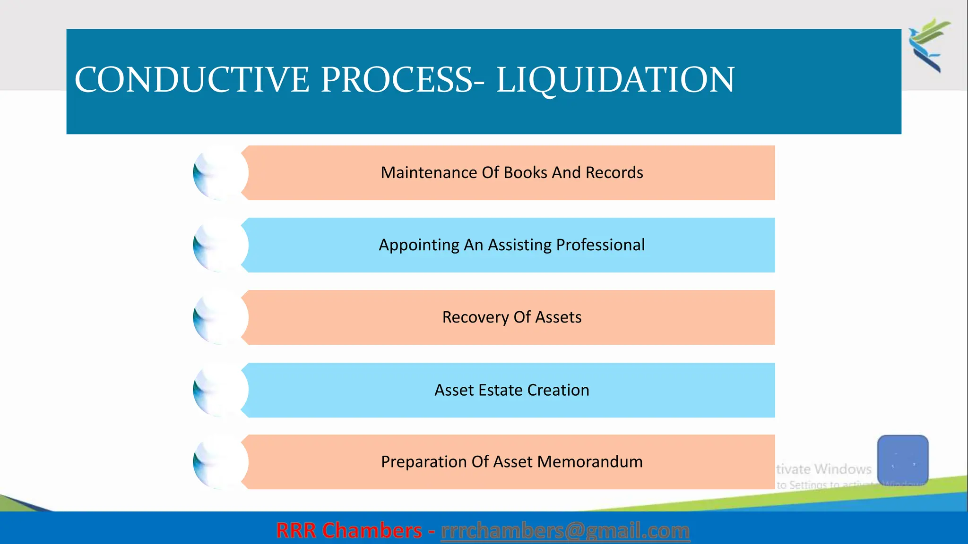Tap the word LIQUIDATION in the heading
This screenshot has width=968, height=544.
[615, 79]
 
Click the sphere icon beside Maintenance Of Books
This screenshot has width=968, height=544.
[220, 173]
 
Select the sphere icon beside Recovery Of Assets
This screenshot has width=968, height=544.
[220, 317]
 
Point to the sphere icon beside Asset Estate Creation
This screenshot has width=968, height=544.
[220, 390]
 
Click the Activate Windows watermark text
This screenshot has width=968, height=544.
[824, 469]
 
